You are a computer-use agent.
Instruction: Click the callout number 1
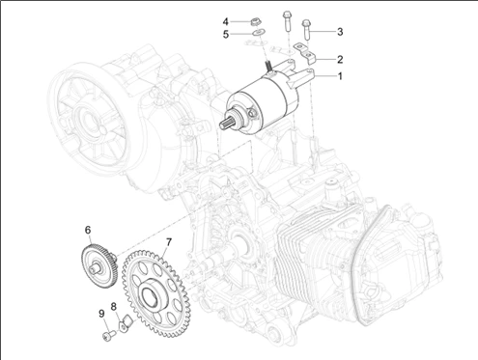[340, 76]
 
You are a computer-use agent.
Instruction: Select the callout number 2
[340, 59]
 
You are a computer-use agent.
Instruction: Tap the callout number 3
[340, 32]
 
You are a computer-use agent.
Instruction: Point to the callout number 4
[226, 21]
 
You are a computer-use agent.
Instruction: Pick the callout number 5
[226, 34]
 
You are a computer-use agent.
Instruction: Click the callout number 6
[88, 230]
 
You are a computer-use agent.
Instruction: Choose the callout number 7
[169, 241]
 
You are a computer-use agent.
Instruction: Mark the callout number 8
[114, 307]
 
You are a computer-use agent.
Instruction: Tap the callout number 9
[101, 314]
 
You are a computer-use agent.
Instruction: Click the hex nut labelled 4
[256, 22]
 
